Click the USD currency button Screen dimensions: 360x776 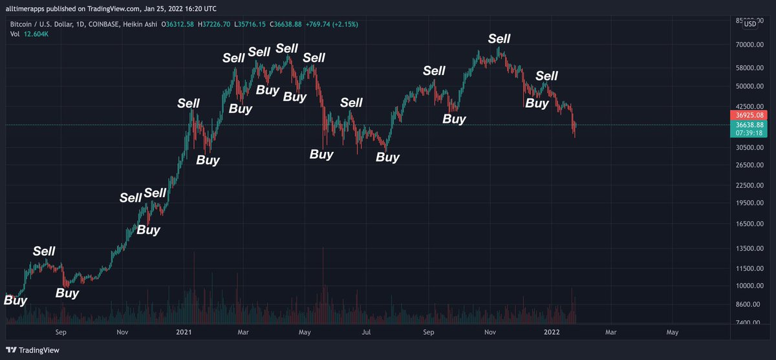coord(750,24)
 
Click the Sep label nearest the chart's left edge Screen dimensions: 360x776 coord(61,332)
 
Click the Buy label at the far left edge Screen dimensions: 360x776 coord(16,300)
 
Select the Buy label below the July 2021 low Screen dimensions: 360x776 coord(387,156)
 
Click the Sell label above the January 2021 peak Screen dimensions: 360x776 coord(189,103)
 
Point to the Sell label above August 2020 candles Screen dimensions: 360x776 coord(44,251)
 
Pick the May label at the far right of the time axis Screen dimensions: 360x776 coord(673,332)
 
